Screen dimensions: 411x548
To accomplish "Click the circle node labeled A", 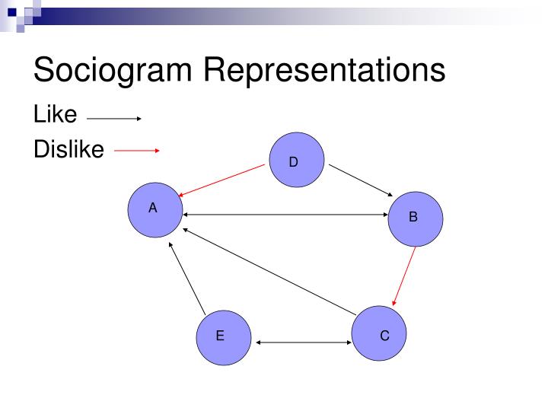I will pos(155,209).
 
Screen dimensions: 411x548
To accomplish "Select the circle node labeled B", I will pos(416,218).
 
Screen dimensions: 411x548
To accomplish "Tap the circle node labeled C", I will pos(380,333).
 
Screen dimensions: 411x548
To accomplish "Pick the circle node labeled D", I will pos(297,160).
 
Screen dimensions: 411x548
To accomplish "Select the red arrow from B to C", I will pos(404,274).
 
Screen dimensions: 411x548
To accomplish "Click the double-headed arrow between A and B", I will pos(285,215).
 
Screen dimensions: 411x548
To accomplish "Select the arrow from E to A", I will pos(187,279).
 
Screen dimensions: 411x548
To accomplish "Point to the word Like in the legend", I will pos(55,114).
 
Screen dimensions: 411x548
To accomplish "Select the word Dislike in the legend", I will pos(68,150).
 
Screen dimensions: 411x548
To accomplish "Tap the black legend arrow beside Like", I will pos(114,119).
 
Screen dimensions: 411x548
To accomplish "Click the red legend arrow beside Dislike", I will pos(136,151).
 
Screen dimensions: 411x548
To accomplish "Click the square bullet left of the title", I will pos(14,10).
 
